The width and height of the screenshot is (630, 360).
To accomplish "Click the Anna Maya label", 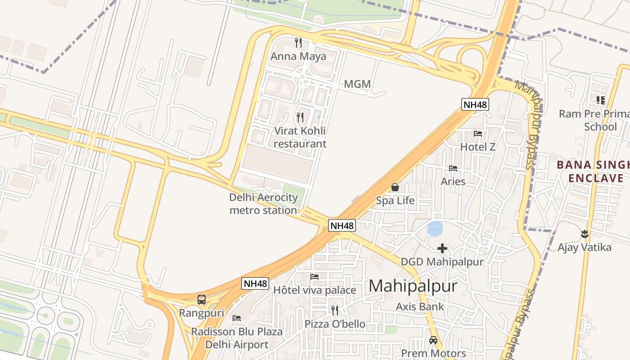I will coord(298,56).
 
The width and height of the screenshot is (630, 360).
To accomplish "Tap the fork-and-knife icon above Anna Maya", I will coord(298,43).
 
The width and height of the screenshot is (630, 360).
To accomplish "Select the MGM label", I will coord(357,84).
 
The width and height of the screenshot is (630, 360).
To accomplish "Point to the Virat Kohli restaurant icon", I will coord(300,117).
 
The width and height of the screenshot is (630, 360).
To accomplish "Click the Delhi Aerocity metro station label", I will coord(264,203).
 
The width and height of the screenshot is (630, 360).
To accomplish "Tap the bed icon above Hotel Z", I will coord(478,134).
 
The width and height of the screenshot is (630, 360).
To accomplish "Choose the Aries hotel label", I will coord(453,181).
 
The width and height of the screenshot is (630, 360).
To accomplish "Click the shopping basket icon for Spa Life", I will coord(395,187).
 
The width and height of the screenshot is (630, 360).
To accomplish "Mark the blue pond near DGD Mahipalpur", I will coord(435,229).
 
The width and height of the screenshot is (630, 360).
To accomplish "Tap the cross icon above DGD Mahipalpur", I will coord(442,248).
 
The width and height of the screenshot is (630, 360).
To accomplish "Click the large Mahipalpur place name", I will coord(413,286).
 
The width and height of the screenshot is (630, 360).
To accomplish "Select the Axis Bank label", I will coord(420,307).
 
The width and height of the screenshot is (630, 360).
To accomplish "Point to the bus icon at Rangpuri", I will coord(202,299).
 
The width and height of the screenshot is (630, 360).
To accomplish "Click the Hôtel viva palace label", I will coord(315,290).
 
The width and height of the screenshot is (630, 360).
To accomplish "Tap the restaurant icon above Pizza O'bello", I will coord(335,310).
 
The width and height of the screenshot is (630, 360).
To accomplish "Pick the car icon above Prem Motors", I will coord(433,340).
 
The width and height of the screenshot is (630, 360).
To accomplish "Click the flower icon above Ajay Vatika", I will coord(585,234).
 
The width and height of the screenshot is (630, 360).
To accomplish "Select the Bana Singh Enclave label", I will coord(593,171).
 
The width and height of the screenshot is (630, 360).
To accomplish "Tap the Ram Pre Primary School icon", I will coord(600,100).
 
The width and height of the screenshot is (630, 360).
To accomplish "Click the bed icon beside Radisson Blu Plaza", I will coord(237,318).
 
